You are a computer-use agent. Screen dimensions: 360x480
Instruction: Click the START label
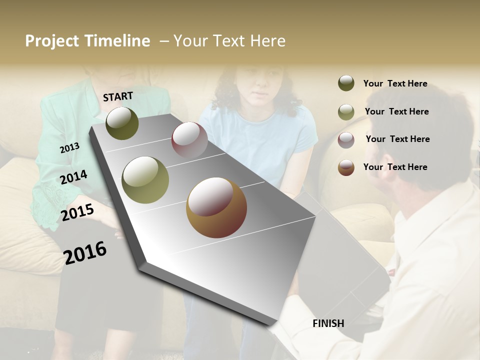click(118, 96)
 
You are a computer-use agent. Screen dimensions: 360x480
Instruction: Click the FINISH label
click(328, 323)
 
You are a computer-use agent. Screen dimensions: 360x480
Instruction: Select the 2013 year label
click(69, 147)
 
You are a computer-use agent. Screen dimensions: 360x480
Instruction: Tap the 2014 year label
click(73, 177)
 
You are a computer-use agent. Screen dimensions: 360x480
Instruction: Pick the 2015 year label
click(77, 212)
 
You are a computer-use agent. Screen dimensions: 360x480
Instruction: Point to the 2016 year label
click(85, 253)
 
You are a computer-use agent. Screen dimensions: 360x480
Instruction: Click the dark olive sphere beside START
click(122, 123)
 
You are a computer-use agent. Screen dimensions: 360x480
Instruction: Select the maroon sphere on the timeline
click(189, 139)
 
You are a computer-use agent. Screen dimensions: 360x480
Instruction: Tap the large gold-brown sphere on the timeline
click(216, 207)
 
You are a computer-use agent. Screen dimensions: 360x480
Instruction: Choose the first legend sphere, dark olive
click(346, 83)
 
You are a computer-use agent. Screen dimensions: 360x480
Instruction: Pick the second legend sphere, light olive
click(346, 112)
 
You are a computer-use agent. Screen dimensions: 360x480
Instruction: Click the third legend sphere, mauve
click(346, 140)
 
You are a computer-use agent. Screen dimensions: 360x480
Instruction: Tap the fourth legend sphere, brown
click(346, 167)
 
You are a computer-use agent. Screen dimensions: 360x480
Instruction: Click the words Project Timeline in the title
click(87, 41)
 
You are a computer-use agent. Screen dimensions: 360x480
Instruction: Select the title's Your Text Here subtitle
click(229, 41)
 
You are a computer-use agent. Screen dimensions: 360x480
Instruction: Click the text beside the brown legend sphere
click(395, 167)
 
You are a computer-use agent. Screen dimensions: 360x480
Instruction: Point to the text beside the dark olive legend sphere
click(395, 83)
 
